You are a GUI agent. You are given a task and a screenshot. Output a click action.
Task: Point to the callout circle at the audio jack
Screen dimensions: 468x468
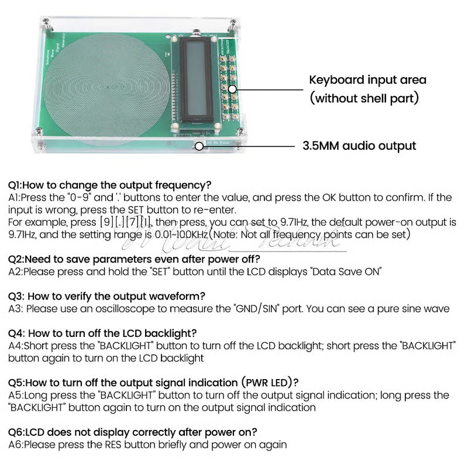pyautogui.click(x=199, y=146)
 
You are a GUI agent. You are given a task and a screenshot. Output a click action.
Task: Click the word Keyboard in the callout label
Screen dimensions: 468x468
pyautogui.click(x=335, y=80)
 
